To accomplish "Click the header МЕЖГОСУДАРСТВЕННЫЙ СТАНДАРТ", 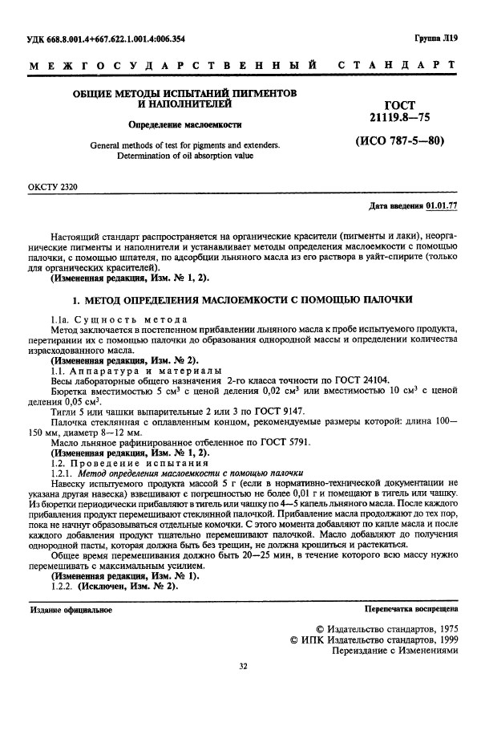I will tap(240, 64).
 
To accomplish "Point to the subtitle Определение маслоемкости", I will tap(185, 125).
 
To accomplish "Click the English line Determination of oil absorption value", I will tap(184, 156).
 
